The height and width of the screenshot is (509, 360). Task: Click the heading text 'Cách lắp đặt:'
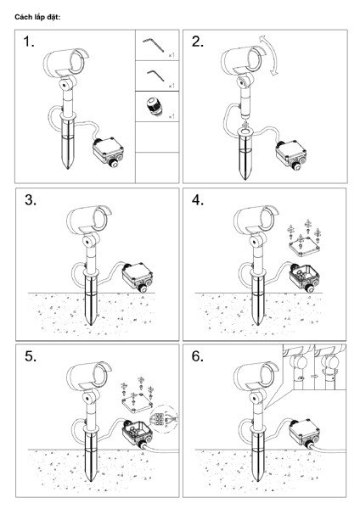(37, 17)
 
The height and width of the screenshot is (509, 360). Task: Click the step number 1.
(29, 42)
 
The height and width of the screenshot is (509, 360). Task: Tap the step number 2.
(198, 42)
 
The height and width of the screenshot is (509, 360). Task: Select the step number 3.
(31, 200)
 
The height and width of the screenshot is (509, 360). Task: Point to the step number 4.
(198, 200)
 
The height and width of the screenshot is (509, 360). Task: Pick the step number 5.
(31, 356)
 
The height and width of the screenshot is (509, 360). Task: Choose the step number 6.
(198, 356)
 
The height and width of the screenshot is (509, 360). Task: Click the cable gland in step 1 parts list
(154, 107)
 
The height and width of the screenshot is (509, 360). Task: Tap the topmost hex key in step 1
(154, 45)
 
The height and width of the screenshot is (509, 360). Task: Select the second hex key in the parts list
(156, 76)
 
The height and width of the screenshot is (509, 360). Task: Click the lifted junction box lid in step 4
(304, 245)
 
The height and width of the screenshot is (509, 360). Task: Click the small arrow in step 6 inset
(313, 376)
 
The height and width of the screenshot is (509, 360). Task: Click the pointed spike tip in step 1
(67, 167)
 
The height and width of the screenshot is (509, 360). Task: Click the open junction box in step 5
(137, 433)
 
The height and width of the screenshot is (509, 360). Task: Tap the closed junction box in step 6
(304, 433)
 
